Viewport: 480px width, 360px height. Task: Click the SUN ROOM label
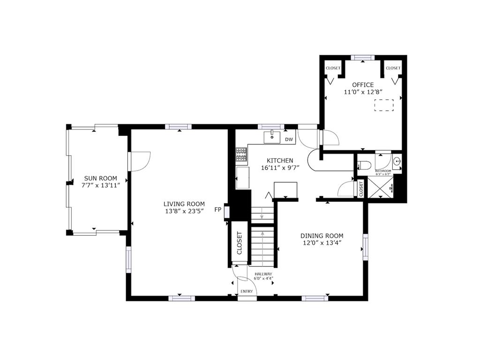(100, 178)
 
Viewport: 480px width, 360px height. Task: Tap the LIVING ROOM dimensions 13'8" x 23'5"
(184, 211)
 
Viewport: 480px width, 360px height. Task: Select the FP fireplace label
(217, 210)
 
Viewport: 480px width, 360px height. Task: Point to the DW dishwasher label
(289, 140)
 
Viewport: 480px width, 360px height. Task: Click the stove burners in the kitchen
(241, 155)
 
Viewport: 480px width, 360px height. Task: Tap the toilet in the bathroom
(364, 165)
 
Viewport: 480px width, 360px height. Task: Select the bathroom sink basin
(397, 161)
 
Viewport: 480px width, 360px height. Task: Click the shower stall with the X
(380, 187)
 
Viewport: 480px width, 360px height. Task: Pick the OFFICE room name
(363, 85)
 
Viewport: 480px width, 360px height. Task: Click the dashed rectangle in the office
(384, 105)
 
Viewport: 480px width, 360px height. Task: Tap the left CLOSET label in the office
(333, 68)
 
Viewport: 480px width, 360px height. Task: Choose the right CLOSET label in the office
(393, 68)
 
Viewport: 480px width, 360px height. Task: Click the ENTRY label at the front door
(247, 292)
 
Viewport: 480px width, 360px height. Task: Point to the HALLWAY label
(263, 274)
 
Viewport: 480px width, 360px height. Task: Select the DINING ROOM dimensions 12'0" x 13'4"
(322, 243)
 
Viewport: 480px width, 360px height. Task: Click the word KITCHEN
(280, 160)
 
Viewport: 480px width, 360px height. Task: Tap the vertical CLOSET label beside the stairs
(240, 243)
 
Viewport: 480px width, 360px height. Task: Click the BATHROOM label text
(383, 171)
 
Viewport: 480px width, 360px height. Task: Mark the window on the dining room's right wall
(365, 247)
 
